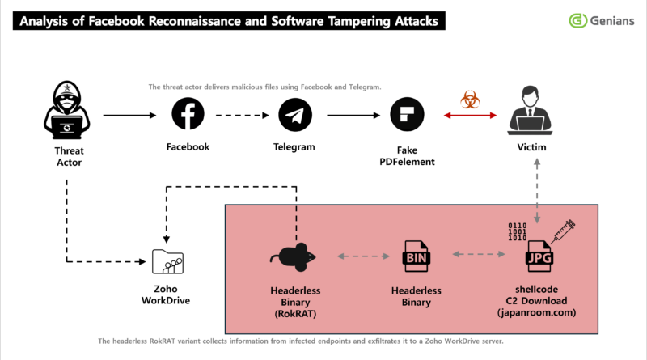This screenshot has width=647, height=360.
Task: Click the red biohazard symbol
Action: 469,100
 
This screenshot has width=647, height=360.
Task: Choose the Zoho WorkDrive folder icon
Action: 168,261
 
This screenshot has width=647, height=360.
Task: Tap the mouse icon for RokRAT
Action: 294,258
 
